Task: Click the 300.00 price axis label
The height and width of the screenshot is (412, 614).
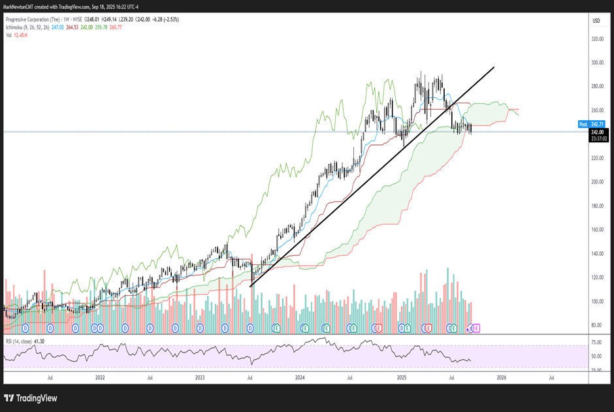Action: click(596, 63)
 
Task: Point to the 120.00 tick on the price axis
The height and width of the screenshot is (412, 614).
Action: click(596, 277)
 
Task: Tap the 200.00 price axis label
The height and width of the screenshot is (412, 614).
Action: click(596, 182)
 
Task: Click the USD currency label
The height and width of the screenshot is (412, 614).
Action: click(596, 21)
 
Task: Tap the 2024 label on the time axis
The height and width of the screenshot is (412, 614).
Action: click(300, 377)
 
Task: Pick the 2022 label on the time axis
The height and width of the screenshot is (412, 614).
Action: click(100, 377)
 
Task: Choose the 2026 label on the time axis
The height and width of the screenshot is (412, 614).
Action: click(501, 377)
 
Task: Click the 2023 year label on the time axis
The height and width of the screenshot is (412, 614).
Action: click(200, 377)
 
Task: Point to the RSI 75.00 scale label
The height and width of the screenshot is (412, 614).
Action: click(596, 342)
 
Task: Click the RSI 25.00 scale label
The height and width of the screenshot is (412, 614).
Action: click(596, 370)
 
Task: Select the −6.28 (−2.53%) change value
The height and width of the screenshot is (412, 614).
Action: click(166, 20)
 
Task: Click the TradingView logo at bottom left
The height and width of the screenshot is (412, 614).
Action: click(31, 398)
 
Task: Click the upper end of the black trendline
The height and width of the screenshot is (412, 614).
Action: click(494, 67)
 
